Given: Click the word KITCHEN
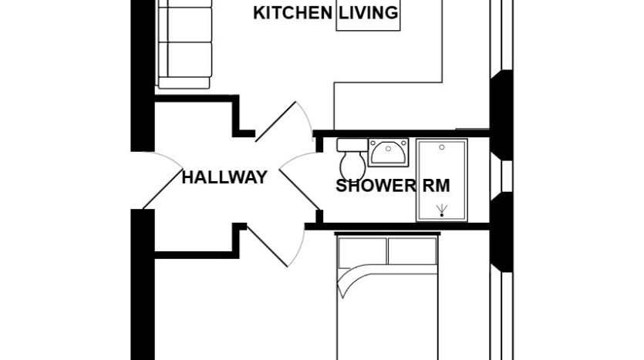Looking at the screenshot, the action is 292,13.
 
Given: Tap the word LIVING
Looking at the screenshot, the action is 369,13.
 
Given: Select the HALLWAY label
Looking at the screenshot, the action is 224,177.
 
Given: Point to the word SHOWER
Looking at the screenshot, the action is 376,186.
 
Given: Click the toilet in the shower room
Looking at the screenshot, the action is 352,160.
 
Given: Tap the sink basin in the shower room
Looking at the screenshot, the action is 388,153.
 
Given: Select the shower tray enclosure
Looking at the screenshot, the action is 442,180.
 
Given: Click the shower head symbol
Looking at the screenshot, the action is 442,210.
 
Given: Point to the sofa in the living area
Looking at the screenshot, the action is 184,44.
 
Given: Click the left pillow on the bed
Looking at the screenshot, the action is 362,251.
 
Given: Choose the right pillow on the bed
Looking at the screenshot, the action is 413,251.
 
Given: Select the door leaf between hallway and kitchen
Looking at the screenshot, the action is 275,122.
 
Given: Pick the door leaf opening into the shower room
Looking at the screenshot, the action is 299,189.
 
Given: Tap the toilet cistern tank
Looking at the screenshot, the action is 352,145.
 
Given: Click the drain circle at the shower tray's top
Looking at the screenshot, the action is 442,147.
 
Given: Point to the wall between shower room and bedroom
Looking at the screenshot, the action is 397,226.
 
